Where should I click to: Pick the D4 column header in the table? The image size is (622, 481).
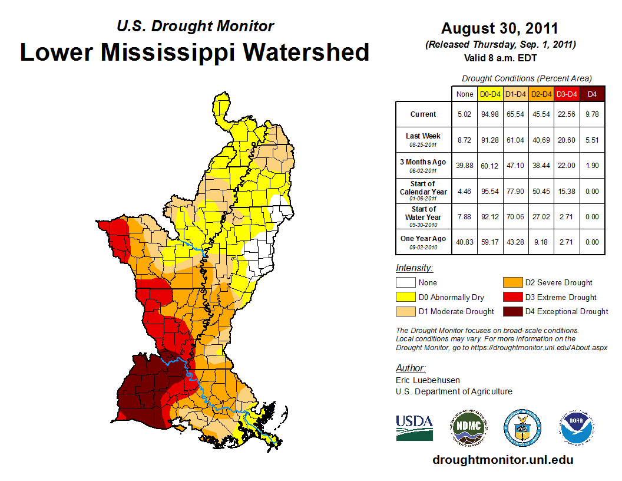(592, 94)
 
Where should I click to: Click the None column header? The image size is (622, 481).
(465, 94)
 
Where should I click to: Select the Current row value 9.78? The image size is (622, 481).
(592, 114)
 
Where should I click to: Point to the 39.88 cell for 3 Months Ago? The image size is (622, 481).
(465, 166)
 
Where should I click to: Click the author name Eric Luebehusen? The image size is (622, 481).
(427, 380)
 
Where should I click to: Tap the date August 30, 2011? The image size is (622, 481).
(499, 28)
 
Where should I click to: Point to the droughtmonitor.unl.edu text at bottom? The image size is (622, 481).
(502, 460)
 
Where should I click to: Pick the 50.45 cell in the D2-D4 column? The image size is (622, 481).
(541, 191)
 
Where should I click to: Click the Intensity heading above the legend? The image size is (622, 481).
(415, 268)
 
